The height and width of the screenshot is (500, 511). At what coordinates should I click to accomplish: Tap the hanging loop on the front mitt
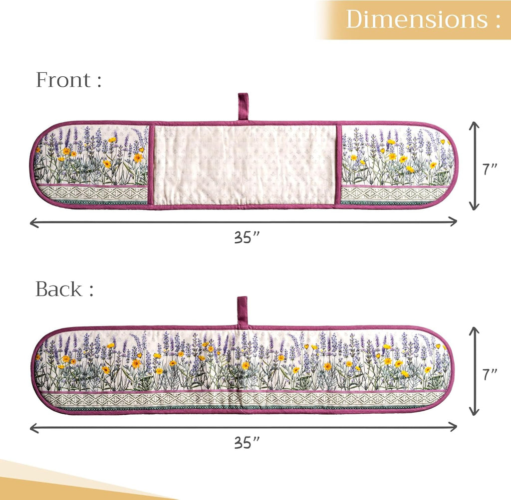point(243,106)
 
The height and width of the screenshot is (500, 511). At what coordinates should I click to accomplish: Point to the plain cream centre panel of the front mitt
point(244,165)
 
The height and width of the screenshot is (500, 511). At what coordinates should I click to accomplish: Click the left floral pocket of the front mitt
point(92,165)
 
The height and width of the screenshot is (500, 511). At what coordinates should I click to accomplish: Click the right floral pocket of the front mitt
point(394,165)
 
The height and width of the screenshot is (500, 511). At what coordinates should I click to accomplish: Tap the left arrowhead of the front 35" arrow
point(32,222)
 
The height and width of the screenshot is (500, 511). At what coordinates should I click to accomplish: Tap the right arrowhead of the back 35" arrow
point(455,427)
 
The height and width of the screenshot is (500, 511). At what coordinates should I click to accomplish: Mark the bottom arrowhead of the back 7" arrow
point(475,413)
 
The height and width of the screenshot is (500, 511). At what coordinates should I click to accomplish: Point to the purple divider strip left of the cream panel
point(150,165)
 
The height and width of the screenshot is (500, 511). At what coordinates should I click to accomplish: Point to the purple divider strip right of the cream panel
point(338,165)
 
